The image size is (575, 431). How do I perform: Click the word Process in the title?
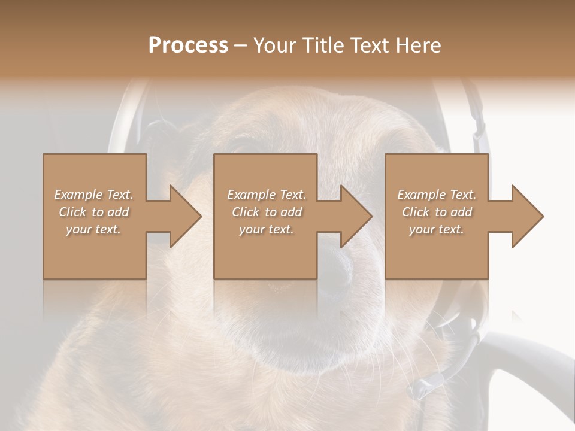coord(188,45)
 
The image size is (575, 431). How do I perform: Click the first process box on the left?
coord(95,251)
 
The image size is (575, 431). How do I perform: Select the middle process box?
coord(265,251)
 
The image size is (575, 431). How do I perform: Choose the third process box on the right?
coord(436,251)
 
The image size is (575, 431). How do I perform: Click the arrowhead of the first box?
coord(186,216)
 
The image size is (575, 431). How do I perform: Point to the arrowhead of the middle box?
coord(356,216)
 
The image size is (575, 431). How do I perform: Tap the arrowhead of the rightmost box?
coord(527,216)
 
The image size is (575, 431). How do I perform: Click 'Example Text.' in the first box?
coord(93,195)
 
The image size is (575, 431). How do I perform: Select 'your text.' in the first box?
coord(93,229)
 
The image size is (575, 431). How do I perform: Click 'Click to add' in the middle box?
coord(267,212)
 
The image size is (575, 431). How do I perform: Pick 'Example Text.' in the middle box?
coord(267,195)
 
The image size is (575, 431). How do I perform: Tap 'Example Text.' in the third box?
coord(437,195)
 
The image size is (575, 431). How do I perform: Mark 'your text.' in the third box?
coord(437,229)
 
